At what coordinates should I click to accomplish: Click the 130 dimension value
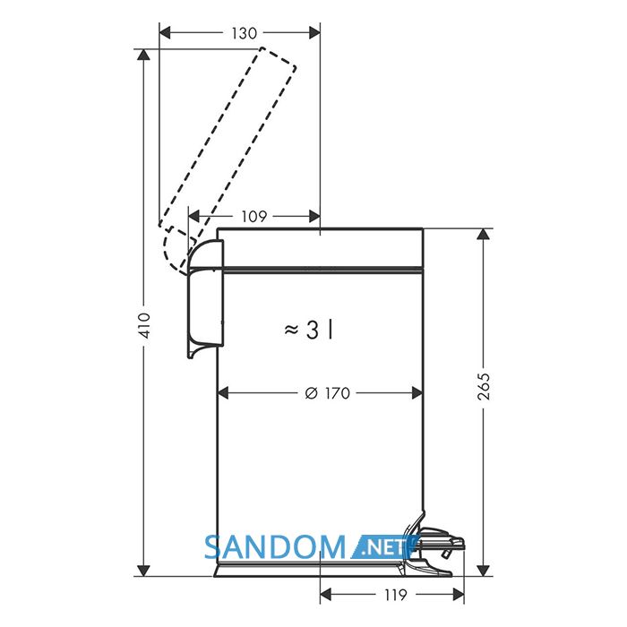(x=244, y=33)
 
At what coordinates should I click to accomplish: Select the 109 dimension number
(x=253, y=217)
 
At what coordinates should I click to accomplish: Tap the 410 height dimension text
(x=143, y=326)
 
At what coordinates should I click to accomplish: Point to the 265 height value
(x=484, y=386)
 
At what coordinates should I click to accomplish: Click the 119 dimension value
(x=396, y=595)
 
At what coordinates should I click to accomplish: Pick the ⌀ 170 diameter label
(x=328, y=393)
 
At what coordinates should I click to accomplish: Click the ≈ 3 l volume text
(x=308, y=331)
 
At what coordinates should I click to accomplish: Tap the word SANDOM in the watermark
(x=275, y=547)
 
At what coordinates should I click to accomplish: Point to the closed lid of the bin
(x=320, y=248)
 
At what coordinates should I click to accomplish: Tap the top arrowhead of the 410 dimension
(x=143, y=55)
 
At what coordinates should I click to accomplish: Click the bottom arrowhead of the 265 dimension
(x=484, y=571)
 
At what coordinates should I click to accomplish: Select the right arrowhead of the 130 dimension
(x=314, y=33)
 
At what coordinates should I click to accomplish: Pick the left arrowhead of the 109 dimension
(x=194, y=217)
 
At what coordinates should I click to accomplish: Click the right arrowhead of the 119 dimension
(x=459, y=595)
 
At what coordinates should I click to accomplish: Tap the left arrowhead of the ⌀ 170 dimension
(x=222, y=393)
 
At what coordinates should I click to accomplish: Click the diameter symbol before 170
(x=311, y=394)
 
